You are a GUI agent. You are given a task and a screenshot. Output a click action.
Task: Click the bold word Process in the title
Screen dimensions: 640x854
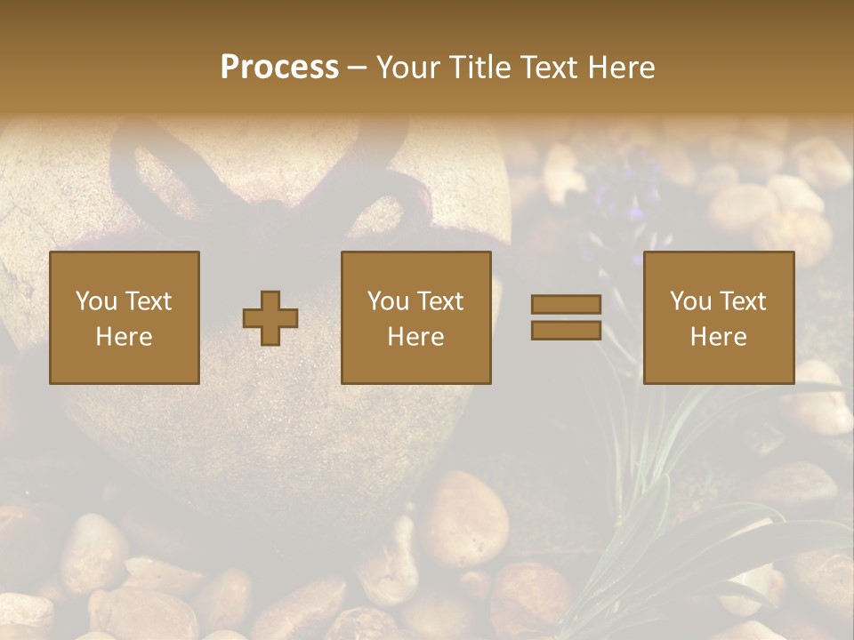click(279, 68)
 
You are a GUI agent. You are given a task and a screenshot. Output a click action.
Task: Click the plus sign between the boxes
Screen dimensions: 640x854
click(270, 318)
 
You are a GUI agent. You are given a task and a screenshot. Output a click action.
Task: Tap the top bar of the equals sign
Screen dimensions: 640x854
click(566, 304)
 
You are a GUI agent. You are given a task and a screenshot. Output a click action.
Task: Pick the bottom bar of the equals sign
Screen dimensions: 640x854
click(566, 331)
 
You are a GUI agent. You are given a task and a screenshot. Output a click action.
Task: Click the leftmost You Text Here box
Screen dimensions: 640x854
click(125, 318)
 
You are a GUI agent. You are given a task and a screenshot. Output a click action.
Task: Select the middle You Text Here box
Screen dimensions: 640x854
click(416, 318)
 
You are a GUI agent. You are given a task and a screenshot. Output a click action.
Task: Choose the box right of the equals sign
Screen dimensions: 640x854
click(719, 318)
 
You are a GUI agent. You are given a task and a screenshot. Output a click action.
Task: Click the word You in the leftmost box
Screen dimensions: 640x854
click(96, 301)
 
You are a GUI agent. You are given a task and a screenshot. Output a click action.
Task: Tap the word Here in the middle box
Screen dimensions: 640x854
click(416, 337)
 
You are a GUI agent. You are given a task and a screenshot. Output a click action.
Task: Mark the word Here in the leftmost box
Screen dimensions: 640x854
click(125, 337)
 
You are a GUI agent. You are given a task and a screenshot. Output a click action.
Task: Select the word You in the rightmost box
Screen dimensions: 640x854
click(691, 301)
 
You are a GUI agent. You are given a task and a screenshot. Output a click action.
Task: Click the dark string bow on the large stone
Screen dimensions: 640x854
click(267, 178)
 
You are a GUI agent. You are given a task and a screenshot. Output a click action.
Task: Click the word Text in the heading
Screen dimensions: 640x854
click(548, 68)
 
